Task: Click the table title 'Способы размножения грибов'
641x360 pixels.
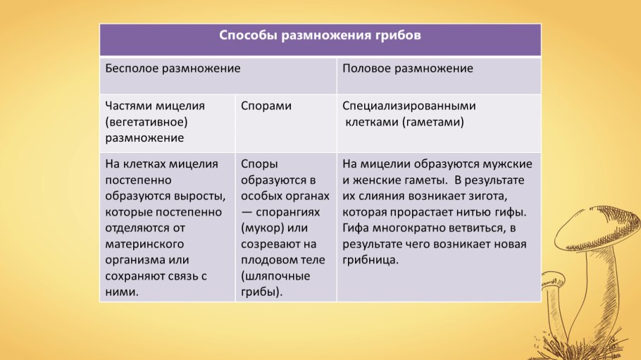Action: pos(320,36)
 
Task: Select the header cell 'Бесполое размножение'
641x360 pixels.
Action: pos(173,69)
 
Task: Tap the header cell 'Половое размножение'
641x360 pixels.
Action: pos(407,69)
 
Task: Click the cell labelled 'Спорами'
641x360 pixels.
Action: pos(266,106)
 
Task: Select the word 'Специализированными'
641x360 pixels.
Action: pos(409,106)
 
